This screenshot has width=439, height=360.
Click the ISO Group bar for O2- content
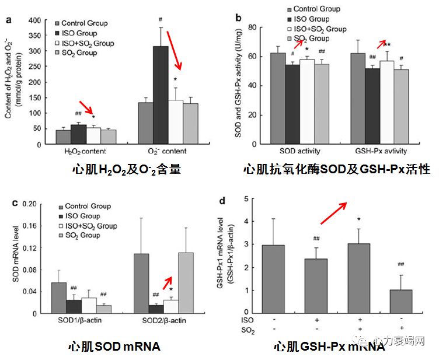161,96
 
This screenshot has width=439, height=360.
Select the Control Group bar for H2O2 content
62,137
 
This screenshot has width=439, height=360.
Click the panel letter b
239,18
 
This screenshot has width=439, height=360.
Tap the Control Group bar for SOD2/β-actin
141,284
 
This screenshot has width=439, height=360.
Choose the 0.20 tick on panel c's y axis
33,204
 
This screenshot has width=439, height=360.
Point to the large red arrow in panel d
333,213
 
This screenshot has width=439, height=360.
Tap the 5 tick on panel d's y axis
246,198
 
